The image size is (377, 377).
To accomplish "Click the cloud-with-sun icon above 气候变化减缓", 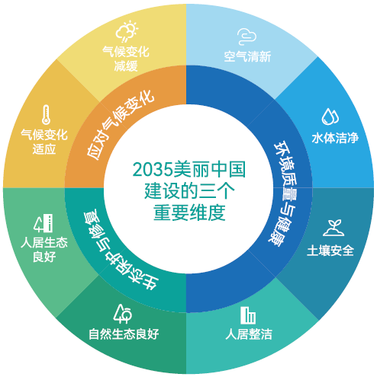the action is [x=127, y=31].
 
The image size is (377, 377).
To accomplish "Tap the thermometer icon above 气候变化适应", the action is [x=46, y=114].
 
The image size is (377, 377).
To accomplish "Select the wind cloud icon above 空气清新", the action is [x=246, y=37].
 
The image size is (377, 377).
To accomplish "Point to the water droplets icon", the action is [x=330, y=117].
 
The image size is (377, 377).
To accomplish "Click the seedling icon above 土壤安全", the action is [x=333, y=228].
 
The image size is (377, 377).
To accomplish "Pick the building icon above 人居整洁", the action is [x=248, y=315].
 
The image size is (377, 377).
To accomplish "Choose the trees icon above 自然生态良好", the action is [x=123, y=314].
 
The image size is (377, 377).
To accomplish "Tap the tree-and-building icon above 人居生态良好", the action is [x=43, y=223].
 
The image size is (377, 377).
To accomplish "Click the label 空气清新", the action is [x=247, y=56].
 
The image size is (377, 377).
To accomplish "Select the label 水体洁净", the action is [x=335, y=138].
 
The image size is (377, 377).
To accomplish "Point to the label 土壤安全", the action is [x=330, y=251].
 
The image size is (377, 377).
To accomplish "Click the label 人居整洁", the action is [x=249, y=334].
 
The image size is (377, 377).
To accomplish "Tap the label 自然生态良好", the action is [x=124, y=334].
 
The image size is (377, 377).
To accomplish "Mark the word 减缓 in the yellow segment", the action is [x=126, y=66].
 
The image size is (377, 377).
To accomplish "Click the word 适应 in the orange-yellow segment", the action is [x=44, y=149].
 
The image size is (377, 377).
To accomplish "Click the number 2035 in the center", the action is [x=153, y=169].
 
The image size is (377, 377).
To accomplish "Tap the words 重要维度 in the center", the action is [x=189, y=212].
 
